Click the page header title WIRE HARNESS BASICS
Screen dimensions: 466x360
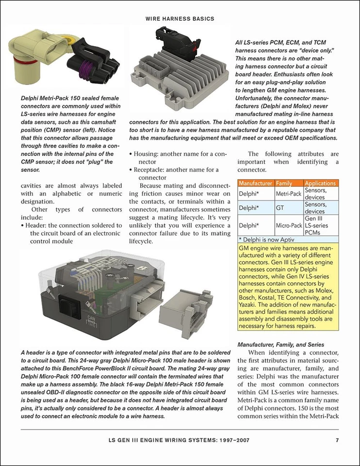click(180, 18)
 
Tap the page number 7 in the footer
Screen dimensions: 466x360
click(337, 441)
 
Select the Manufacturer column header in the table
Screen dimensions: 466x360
click(256, 183)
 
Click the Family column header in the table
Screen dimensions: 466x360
click(284, 183)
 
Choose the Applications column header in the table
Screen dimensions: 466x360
click(320, 183)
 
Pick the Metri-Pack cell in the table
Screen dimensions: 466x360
click(289, 194)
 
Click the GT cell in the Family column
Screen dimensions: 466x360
click(280, 208)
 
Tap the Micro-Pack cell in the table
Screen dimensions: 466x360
click(289, 226)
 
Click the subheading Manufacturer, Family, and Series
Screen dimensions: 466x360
click(280, 344)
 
